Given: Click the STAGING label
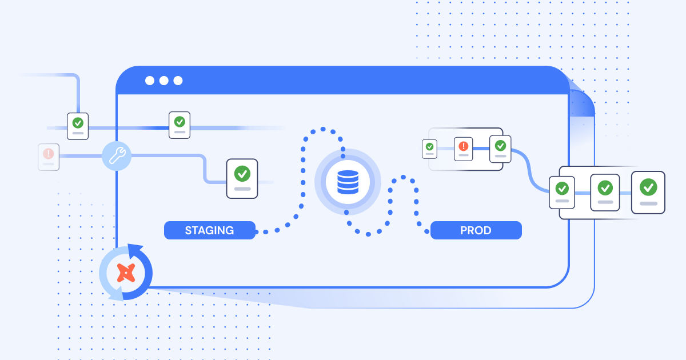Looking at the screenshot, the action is pos(209,230).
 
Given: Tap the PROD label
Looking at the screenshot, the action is pos(476,230).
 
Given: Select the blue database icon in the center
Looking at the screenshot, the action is pos(348,182).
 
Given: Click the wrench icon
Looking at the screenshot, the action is pos(117,156).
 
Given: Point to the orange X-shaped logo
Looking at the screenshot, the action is pos(126,273).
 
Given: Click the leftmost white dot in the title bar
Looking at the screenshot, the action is pos(150,81).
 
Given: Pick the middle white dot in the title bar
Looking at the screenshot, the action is pos(164,81).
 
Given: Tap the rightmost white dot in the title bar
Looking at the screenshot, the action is pos(178,81).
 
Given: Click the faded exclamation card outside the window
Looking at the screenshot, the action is pos(49,157).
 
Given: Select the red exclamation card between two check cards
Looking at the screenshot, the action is pos(464,149).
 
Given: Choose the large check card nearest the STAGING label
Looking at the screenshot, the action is pos(242,178).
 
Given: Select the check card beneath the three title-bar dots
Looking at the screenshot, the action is pos(180,125).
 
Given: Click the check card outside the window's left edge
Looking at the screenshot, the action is pos(78,126).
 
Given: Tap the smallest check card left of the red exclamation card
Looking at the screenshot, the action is pos(429,149).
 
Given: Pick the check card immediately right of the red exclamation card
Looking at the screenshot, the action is pos(500,149).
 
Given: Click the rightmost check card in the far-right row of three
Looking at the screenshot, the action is pos(648,193).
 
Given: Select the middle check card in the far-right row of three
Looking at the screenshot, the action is pos(605,193).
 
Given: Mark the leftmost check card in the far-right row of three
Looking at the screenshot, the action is pos(562,193).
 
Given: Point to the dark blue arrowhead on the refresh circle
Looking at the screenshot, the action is pos(135,251).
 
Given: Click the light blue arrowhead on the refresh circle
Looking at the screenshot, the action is pos(117,293).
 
